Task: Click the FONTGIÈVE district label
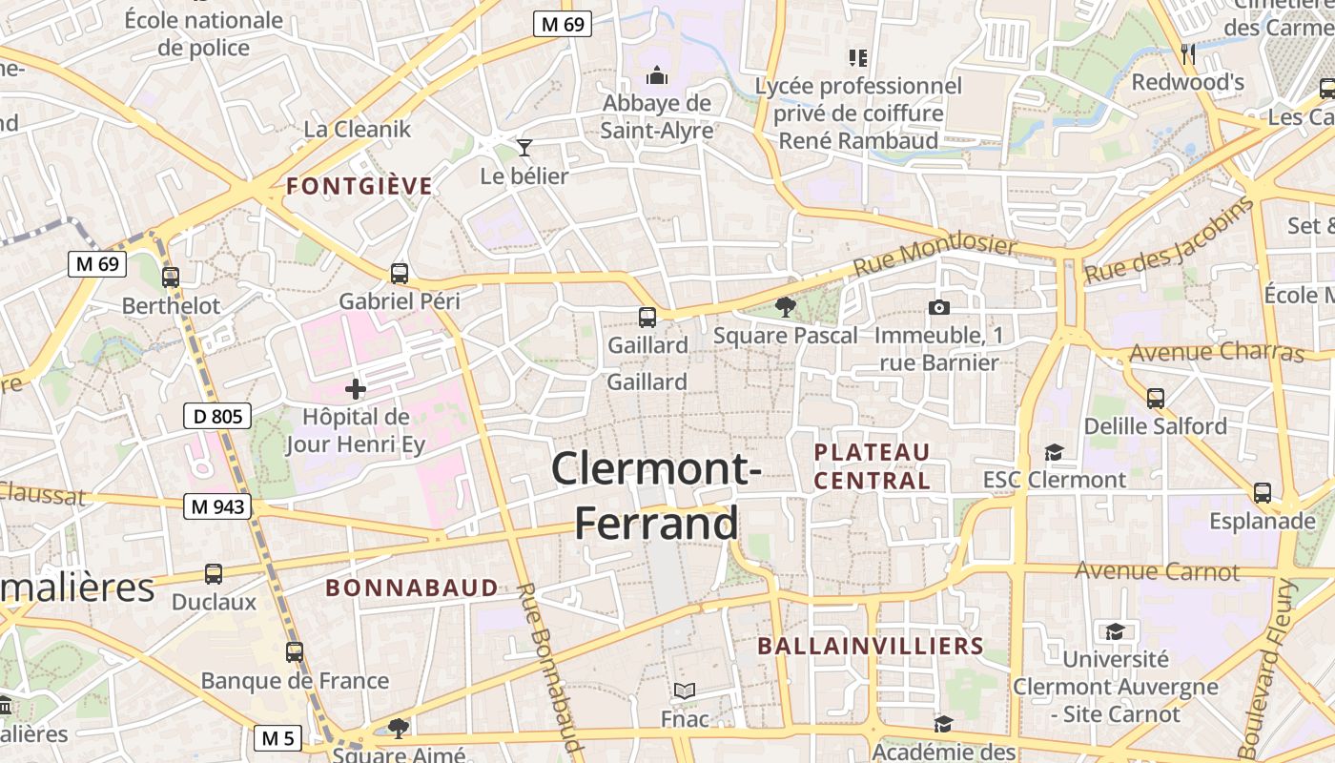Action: [359, 186]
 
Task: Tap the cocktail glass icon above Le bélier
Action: [524, 147]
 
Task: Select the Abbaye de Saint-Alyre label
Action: [656, 116]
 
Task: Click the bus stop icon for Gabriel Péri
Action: [400, 274]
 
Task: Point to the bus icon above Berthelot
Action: [171, 278]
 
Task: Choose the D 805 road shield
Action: [217, 416]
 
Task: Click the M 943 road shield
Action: [217, 506]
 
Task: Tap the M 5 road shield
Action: [277, 737]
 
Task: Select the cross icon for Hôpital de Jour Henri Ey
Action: [356, 389]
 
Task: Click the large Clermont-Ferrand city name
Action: [656, 496]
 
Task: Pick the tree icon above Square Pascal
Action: [785, 307]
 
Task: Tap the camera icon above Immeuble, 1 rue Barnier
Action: [938, 307]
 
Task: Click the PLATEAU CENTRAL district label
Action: [872, 465]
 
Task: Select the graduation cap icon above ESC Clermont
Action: [1054, 451]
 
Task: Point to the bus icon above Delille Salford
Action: [1156, 398]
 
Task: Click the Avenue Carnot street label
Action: [1157, 571]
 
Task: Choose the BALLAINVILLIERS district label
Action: [870, 647]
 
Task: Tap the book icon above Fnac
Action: [685, 691]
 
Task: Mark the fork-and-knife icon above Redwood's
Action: [1187, 53]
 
